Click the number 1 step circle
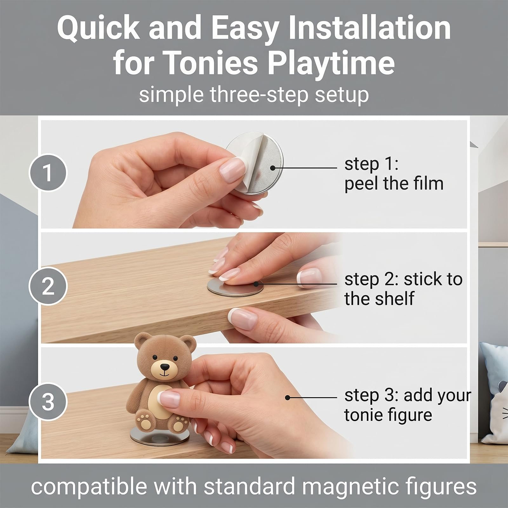tap(48, 172)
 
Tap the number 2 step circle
tap(48, 286)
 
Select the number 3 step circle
tap(48, 402)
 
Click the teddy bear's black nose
tap(164, 367)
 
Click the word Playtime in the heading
tap(331, 63)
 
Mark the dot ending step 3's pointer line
tap(287, 398)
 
